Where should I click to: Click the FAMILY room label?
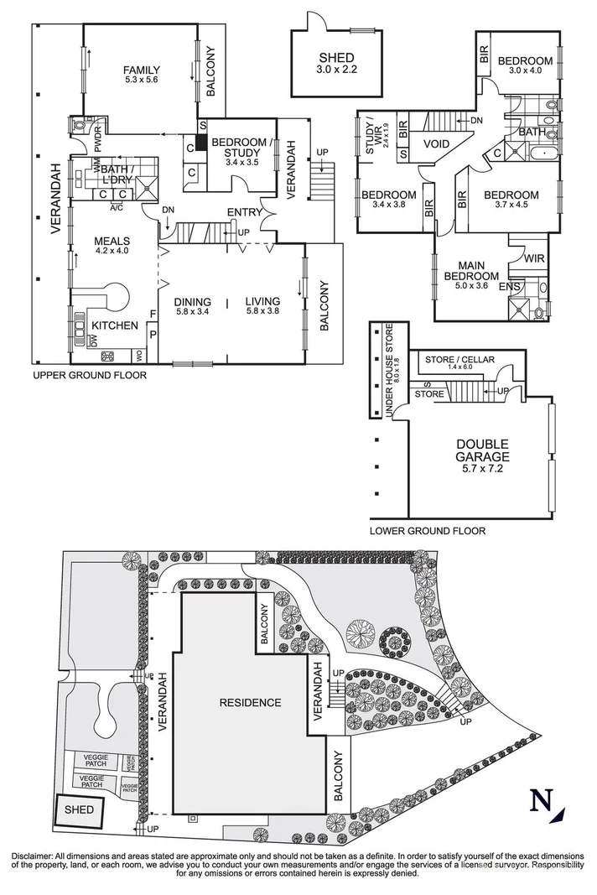pos(141,70)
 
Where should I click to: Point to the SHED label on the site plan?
pos(80,811)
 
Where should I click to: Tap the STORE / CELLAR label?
pos(459,360)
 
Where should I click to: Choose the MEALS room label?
pos(112,242)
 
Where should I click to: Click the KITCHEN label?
pos(115,325)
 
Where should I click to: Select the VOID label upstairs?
pos(436,144)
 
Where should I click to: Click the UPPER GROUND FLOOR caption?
pos(89,376)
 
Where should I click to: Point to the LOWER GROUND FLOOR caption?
pos(427,531)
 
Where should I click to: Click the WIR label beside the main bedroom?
pos(534,260)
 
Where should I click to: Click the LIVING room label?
pos(262,302)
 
